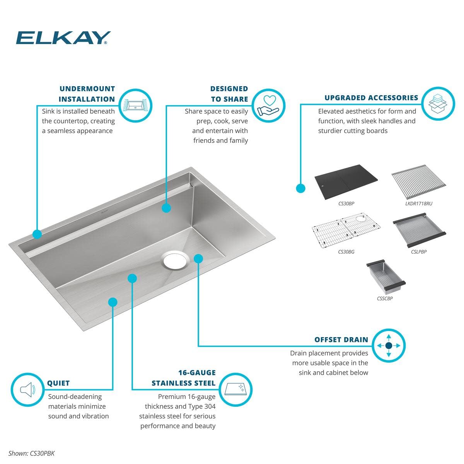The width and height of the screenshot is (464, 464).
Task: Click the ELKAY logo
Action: [63, 38]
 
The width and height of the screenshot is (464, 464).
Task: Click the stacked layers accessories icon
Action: [438, 104]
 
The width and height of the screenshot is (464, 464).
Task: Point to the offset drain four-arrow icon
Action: [388, 346]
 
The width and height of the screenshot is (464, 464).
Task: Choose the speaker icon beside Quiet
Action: [27, 390]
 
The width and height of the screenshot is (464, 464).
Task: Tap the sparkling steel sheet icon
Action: [235, 390]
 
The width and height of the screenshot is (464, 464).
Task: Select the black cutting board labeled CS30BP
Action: [346, 182]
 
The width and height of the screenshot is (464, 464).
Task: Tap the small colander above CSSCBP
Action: [386, 277]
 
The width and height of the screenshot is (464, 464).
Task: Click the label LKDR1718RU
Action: [418, 204]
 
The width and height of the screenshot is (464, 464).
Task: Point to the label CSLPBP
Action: [418, 252]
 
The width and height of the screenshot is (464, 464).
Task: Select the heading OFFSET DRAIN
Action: [341, 339]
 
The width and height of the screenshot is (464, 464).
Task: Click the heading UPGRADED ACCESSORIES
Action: [371, 98]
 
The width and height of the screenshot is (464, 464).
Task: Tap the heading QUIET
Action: [58, 383]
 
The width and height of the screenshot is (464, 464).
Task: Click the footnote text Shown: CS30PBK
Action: [31, 454]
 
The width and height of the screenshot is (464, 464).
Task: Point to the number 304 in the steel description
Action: [210, 406]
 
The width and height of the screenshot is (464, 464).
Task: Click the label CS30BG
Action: [346, 252]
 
